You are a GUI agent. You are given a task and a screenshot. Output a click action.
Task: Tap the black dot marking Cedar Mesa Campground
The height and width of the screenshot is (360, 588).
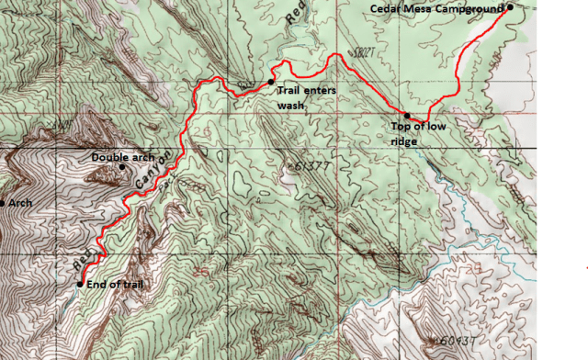(x=509, y=7)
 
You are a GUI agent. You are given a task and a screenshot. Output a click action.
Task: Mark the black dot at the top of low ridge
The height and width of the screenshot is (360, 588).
(x=406, y=116)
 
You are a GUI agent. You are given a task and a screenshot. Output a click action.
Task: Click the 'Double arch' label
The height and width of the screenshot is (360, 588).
(x=123, y=157)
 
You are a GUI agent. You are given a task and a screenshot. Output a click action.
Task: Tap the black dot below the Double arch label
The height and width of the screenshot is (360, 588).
(x=121, y=167)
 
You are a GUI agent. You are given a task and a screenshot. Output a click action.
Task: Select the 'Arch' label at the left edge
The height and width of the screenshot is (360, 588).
(x=20, y=203)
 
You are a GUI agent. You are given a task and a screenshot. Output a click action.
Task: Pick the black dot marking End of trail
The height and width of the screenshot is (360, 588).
(x=80, y=284)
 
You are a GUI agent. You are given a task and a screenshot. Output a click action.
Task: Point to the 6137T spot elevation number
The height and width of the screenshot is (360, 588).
(x=306, y=165)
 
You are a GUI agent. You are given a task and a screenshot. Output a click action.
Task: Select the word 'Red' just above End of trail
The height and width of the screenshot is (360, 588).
(x=83, y=263)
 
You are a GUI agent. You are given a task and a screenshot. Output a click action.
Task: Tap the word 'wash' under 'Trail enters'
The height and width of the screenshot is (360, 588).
(x=290, y=104)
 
